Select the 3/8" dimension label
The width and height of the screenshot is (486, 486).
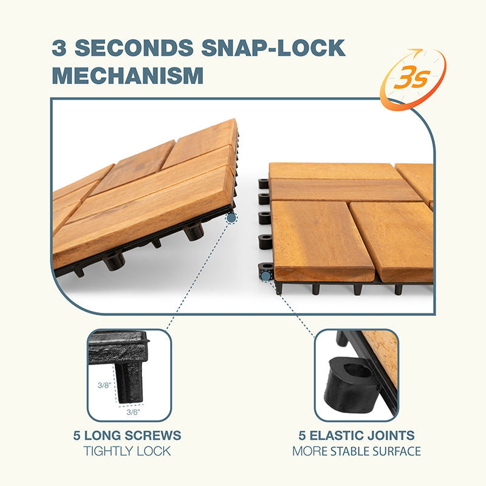[x=104, y=385]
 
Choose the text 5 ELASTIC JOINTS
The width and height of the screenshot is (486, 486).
[x=357, y=436]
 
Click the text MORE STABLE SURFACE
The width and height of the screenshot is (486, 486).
[x=357, y=451]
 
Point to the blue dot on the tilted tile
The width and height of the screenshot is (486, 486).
[x=231, y=217]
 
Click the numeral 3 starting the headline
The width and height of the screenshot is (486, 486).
[x=59, y=48]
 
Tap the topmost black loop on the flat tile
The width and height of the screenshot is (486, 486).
[x=263, y=183]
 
